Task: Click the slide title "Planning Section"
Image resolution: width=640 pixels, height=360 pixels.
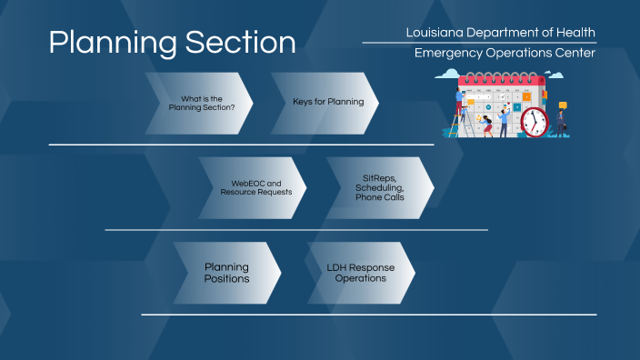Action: tap(172, 43)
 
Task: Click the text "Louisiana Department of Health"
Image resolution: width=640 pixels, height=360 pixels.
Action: tap(501, 33)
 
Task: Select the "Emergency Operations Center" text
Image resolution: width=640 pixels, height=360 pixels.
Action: tap(505, 53)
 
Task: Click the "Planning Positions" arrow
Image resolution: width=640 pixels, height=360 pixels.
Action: tap(226, 273)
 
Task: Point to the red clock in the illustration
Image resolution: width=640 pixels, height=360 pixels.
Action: tap(535, 122)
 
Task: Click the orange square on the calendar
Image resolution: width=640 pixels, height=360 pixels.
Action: tap(526, 96)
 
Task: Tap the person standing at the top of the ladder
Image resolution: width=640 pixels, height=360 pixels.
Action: tap(461, 98)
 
